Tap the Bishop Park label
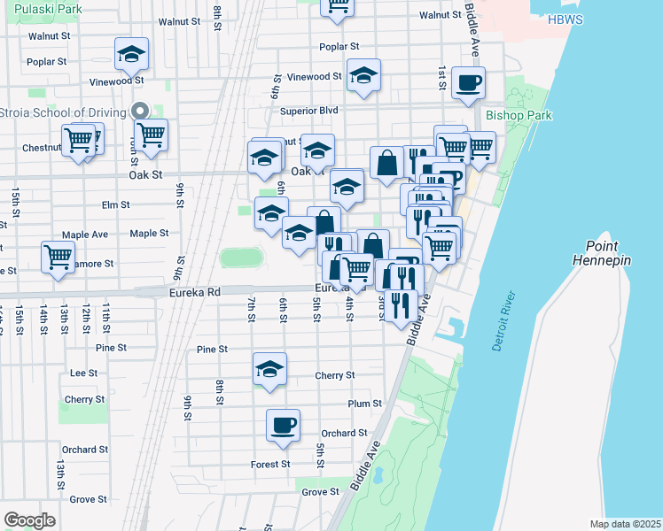(519, 115)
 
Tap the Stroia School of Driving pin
(138, 112)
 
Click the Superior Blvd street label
(309, 111)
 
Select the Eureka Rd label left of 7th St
(192, 290)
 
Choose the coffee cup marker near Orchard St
(283, 425)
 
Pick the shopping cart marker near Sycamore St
(58, 257)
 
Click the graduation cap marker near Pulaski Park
(131, 55)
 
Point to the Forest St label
(270, 464)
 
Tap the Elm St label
(116, 204)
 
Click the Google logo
(29, 520)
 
